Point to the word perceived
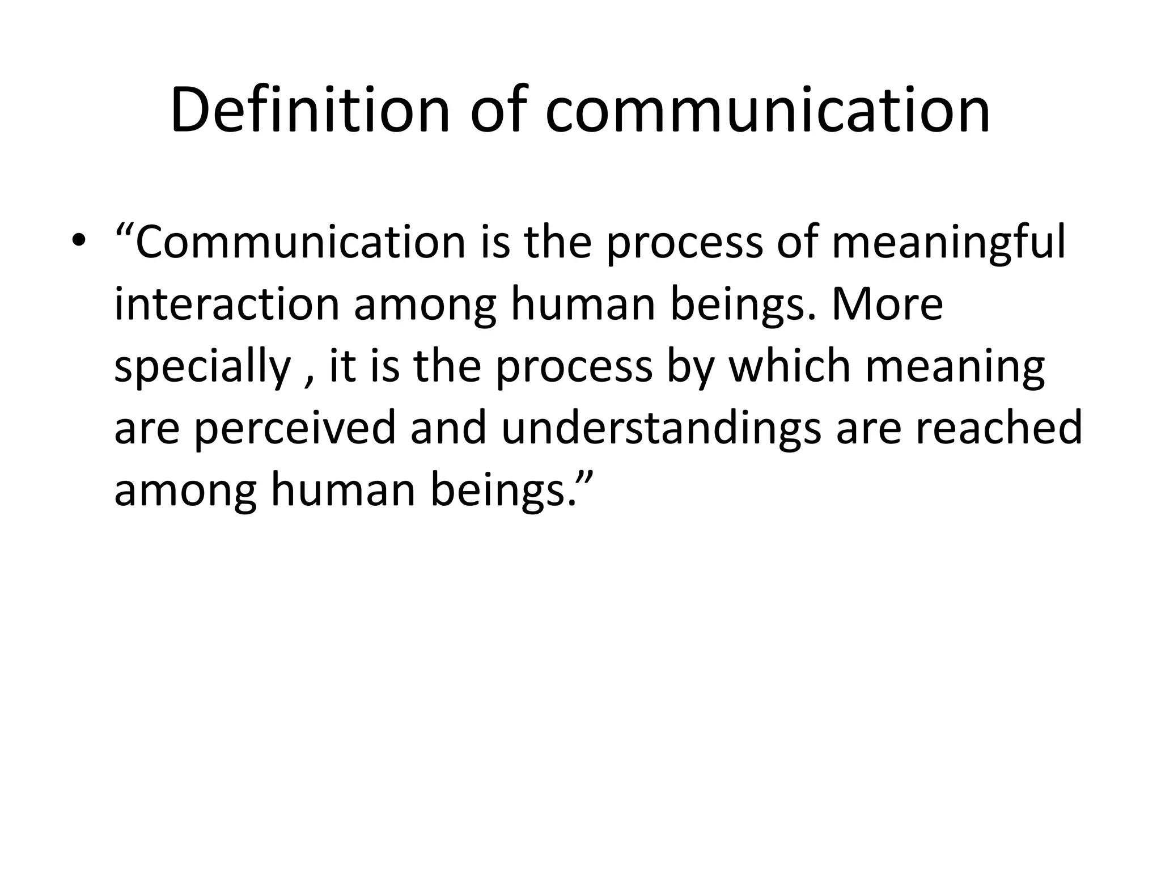pyautogui.click(x=294, y=429)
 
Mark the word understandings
pyautogui.click(x=661, y=429)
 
